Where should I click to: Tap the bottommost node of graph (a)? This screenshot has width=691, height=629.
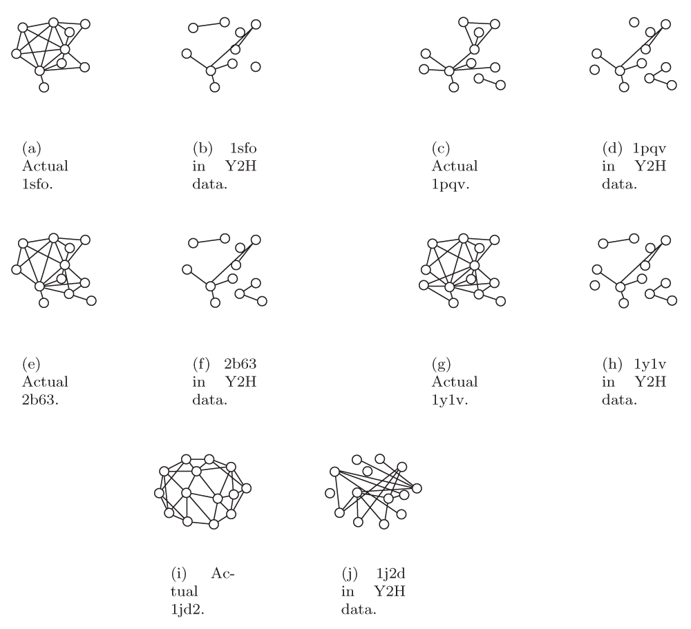point(44,88)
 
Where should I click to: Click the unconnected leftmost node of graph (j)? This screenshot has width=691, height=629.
point(330,494)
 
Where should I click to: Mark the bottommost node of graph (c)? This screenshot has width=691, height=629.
point(454,88)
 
